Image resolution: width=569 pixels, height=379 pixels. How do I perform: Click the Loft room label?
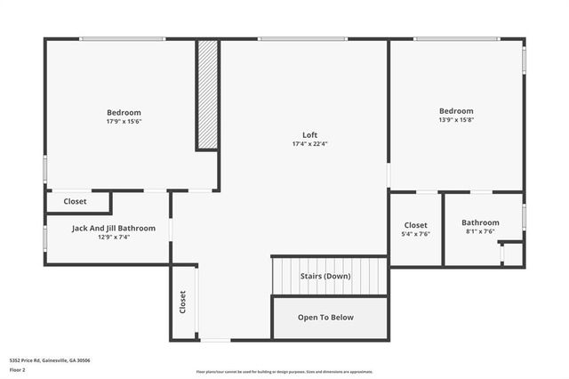pos(309,135)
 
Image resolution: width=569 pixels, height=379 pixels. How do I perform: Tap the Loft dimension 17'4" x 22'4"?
pos(309,144)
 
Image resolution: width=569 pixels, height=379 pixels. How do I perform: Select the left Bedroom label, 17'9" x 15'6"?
pos(124,112)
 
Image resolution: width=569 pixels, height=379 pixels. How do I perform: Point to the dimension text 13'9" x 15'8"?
pos(455,120)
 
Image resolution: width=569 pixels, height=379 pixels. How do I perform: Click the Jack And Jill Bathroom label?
pos(114,229)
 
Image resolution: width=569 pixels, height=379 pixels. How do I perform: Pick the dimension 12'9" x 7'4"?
pos(114,238)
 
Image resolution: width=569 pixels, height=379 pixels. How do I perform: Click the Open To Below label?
pos(325,317)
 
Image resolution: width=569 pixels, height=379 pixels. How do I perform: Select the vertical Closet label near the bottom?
pos(183,302)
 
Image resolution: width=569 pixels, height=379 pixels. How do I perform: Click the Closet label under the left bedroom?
pos(75,202)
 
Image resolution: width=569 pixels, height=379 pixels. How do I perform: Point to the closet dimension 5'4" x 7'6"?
pos(416,234)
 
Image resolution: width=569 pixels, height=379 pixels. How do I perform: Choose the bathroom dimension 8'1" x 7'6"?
pos(480,231)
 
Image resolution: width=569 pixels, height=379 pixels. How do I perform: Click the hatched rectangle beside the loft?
pos(207,94)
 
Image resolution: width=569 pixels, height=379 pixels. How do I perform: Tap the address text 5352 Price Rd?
pos(50,360)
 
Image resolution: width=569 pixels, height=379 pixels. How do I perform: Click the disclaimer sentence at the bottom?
pos(284,372)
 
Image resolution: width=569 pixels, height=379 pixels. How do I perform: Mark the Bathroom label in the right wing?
pos(480,222)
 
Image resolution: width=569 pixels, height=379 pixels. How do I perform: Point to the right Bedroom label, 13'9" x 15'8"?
pos(455,111)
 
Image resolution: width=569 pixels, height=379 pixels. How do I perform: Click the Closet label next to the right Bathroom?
pos(416,225)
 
